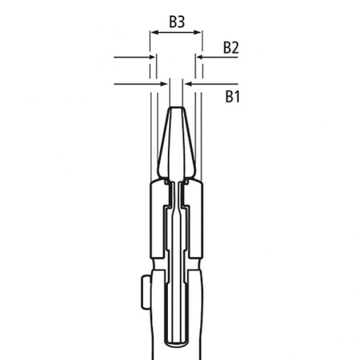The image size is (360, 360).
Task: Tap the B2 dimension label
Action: tap(231, 48)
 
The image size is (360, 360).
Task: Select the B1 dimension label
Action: tap(232, 96)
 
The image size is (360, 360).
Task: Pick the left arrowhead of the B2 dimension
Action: tap(152, 58)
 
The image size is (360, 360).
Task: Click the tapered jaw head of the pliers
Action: tap(177, 144)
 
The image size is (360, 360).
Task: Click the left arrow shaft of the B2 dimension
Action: tap(132, 58)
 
